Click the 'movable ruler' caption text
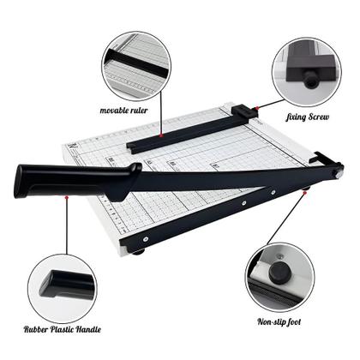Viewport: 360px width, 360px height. click(x=123, y=111)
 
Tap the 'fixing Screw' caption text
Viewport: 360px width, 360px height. click(x=308, y=117)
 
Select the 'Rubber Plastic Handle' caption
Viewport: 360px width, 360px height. click(x=63, y=329)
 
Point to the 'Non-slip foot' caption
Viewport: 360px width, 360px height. click(x=279, y=322)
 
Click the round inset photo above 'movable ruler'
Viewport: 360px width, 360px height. click(x=136, y=66)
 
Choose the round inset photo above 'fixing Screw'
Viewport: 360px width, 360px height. click(x=307, y=72)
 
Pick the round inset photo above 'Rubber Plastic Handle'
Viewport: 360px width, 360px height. click(x=63, y=289)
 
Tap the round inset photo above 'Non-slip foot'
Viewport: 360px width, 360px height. click(x=279, y=278)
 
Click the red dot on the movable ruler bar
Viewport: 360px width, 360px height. click(x=161, y=135)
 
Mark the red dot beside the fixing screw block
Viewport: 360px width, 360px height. click(x=257, y=108)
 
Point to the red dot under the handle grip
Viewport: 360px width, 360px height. click(x=67, y=196)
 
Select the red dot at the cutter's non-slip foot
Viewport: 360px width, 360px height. click(x=305, y=193)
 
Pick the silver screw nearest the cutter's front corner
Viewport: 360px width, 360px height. click(x=146, y=239)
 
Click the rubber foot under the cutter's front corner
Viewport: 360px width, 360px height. click(x=139, y=252)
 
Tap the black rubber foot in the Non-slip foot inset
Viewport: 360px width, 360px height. click(x=279, y=272)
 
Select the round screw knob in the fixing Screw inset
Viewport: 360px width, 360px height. click(x=310, y=81)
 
